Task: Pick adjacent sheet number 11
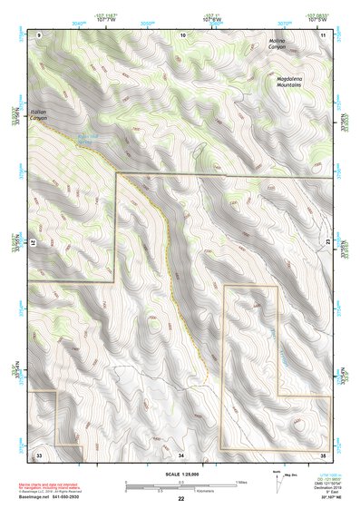324,34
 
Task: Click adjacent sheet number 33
39,453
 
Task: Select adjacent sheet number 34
181,454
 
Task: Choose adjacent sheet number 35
324,453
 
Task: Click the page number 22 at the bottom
181,499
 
